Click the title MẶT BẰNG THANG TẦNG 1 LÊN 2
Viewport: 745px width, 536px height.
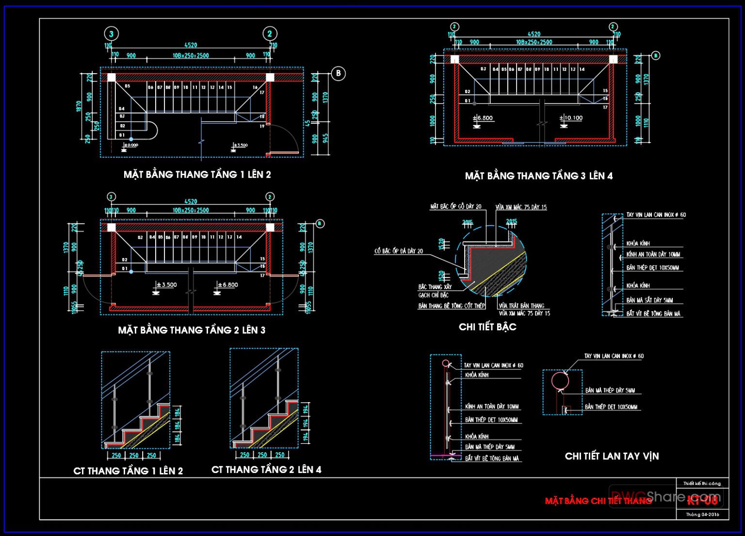coord(197,175)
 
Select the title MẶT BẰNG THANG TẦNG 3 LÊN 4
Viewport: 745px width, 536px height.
coord(538,176)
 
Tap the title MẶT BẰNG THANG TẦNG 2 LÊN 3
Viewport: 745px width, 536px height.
coord(192,330)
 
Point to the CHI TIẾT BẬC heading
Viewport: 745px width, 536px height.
coord(487,327)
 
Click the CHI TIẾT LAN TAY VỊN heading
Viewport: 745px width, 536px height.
coord(612,456)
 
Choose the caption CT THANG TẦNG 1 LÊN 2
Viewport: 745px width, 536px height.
coord(128,471)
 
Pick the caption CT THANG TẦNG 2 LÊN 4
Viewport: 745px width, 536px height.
coord(266,470)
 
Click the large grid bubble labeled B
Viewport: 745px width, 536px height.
coord(338,74)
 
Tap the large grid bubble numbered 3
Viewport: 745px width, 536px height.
coord(112,33)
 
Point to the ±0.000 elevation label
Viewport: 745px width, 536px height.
coord(131,145)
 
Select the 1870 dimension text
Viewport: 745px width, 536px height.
coord(79,107)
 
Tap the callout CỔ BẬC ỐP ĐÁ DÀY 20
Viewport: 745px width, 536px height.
coord(398,251)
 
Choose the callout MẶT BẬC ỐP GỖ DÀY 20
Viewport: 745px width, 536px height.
coord(455,207)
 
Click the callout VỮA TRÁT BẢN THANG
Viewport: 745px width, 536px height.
coord(521,306)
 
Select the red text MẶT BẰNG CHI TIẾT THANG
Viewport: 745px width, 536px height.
coord(598,501)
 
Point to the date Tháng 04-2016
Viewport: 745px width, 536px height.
coord(702,514)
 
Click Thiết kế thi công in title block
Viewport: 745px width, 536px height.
coord(702,483)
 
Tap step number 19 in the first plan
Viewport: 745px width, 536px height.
coord(262,126)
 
